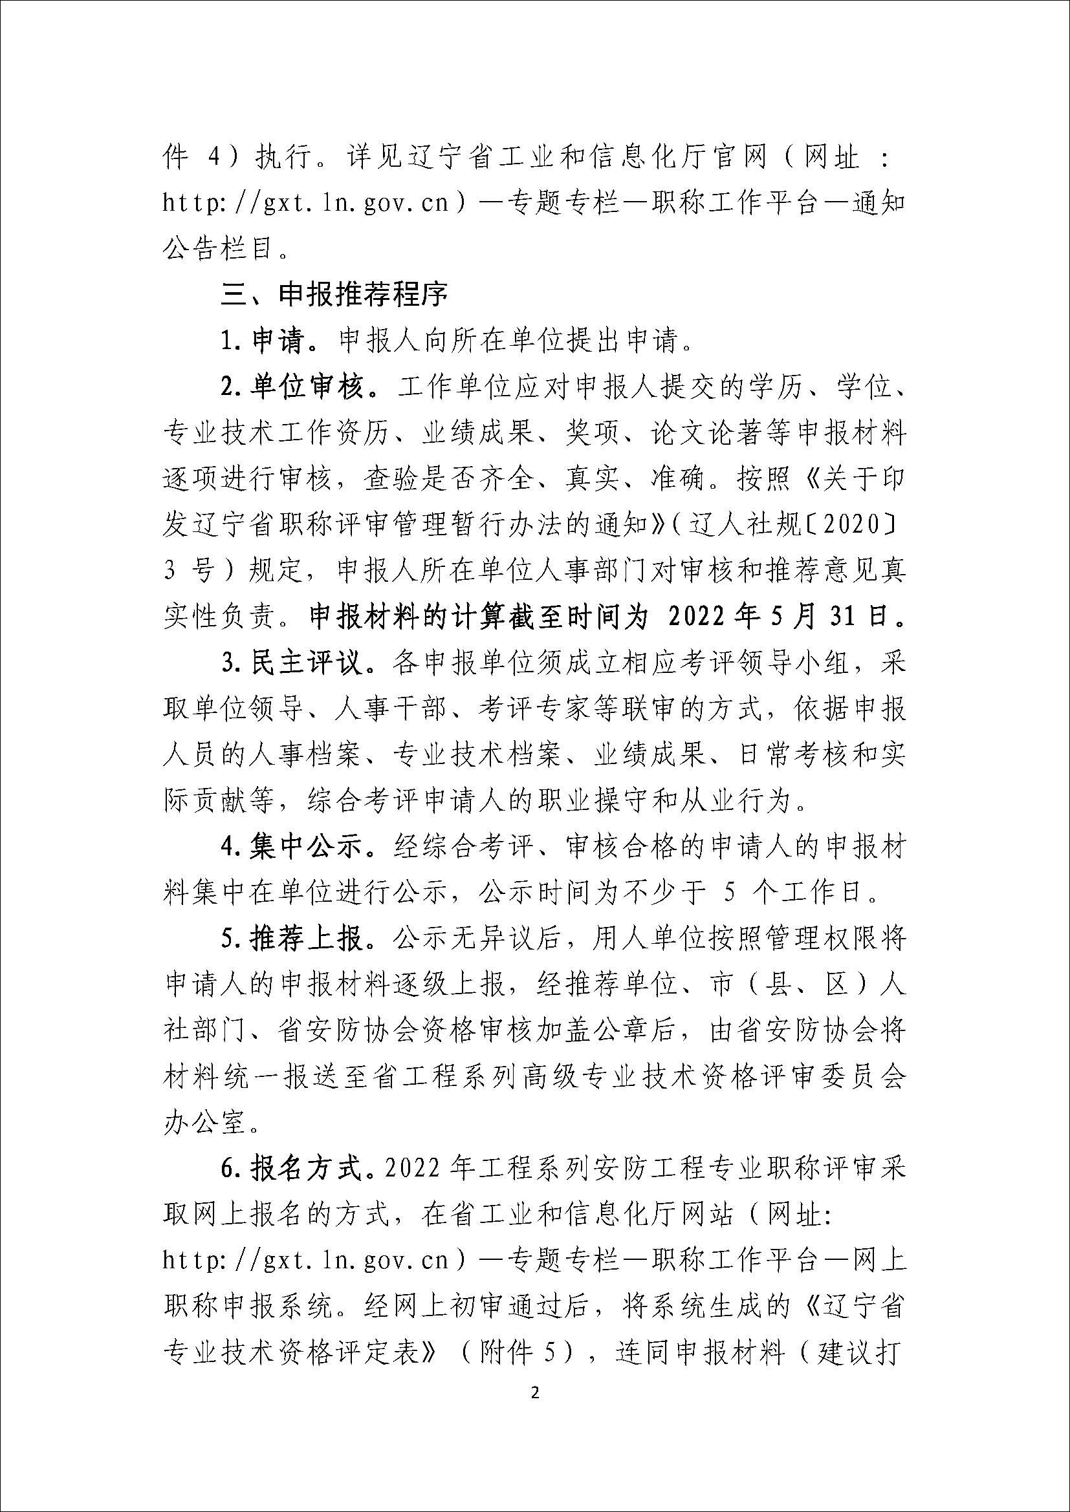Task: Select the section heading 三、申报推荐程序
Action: (x=334, y=295)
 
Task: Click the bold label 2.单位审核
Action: (x=292, y=387)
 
